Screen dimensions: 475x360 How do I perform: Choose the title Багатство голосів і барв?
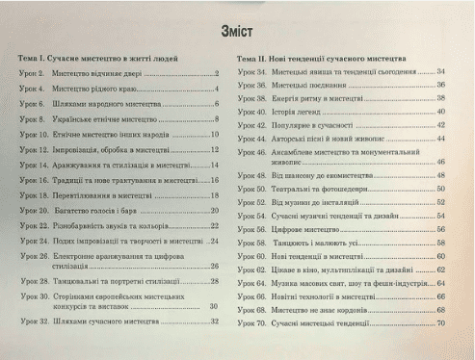click(x=100, y=209)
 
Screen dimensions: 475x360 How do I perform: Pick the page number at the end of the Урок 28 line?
click(x=216, y=281)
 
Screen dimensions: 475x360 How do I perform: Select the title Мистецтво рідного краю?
click(x=103, y=90)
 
